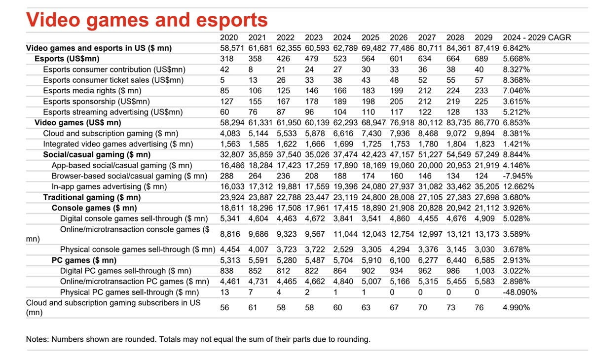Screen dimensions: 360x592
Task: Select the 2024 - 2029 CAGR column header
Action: pyautogui.click(x=537, y=37)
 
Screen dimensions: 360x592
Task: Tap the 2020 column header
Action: pyautogui.click(x=229, y=37)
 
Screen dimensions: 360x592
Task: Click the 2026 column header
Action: pyautogui.click(x=399, y=37)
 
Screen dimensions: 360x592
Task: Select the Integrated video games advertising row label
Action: pyautogui.click(x=117, y=144)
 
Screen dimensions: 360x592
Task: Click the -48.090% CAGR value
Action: pyautogui.click(x=520, y=292)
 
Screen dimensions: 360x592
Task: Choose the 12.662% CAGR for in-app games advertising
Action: pyautogui.click(x=518, y=186)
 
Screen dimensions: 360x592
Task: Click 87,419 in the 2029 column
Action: pyautogui.click(x=487, y=48)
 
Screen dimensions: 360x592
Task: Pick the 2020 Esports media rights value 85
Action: pyautogui.click(x=225, y=91)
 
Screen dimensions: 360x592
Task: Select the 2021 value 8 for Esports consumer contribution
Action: pyautogui.click(x=251, y=70)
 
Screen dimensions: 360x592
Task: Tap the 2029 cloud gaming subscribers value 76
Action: pyautogui.click(x=480, y=308)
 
